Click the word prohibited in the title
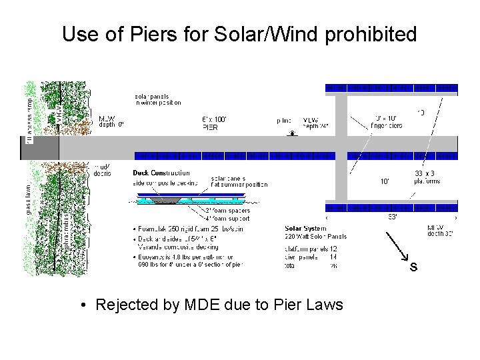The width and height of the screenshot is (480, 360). click(371, 34)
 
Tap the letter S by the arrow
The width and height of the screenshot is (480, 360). click(413, 267)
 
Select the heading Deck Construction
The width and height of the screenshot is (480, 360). click(161, 173)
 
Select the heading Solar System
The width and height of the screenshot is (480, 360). click(305, 228)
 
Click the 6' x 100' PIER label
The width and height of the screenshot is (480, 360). click(214, 122)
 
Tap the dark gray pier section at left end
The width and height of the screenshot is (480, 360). click(31, 148)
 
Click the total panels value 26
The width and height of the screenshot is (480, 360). click(331, 265)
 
